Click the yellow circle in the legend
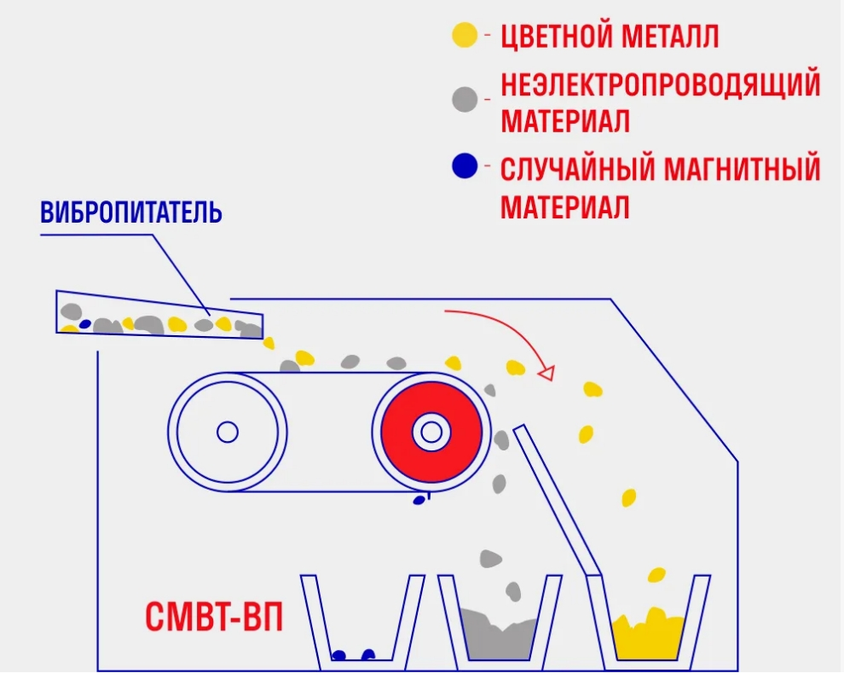click(x=465, y=36)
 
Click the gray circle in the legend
click(x=465, y=100)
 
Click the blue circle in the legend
click(x=465, y=165)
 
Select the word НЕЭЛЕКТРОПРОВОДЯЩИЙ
click(x=661, y=84)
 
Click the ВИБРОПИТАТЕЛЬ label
click(x=130, y=212)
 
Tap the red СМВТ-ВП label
click(x=214, y=617)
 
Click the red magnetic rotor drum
click(x=431, y=432)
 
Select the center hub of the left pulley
click(x=227, y=432)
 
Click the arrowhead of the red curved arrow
click(x=546, y=373)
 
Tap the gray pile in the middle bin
click(x=500, y=634)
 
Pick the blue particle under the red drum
click(x=419, y=500)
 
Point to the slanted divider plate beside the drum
click(x=557, y=499)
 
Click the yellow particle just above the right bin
click(x=656, y=575)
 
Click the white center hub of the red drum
click(x=431, y=432)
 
